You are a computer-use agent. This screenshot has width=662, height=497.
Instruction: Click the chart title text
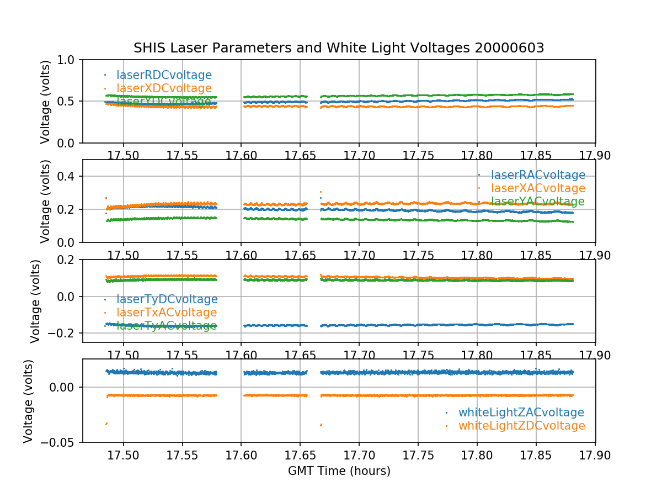339,48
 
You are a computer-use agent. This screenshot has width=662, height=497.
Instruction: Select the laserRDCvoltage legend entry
164,75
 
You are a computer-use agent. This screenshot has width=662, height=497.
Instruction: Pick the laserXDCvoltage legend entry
164,88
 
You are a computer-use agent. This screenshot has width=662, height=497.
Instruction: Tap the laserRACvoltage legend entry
538,175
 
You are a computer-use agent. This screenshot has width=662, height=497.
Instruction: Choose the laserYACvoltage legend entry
538,202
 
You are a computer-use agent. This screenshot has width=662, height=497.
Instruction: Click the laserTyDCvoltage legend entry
167,299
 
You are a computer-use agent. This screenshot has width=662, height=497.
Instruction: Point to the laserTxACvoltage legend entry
167,313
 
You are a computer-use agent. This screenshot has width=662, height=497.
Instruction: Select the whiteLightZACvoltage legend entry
521,413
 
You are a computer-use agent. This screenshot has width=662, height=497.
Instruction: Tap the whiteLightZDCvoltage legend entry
521,426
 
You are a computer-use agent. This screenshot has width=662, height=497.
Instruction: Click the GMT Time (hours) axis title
339,471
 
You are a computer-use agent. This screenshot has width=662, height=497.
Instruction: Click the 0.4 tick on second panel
68,176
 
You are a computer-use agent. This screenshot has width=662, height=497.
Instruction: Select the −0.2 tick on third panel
63,333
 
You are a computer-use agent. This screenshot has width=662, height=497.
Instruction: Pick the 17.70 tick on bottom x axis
359,454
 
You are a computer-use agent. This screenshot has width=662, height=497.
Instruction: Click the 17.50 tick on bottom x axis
123,454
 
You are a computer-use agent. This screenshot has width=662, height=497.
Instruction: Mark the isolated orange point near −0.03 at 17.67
321,425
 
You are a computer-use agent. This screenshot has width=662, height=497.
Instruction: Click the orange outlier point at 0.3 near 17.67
321,192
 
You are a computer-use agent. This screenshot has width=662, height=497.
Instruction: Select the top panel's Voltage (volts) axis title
46,102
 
